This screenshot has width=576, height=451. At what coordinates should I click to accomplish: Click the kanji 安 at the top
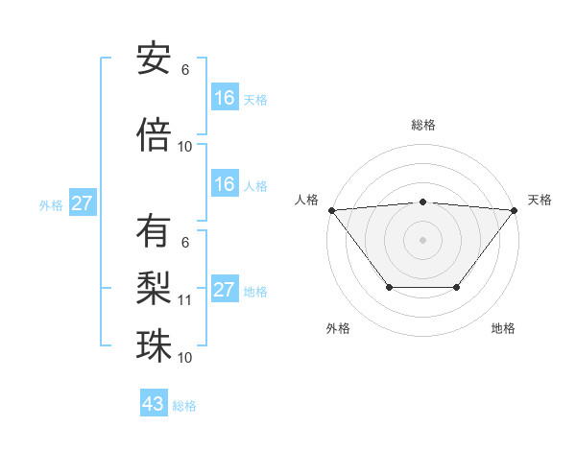point(154,59)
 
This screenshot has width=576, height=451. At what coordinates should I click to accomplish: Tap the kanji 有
point(154,232)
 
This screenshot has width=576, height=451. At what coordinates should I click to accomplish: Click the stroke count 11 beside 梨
point(185,300)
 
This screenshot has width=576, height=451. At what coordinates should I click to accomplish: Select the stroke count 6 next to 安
point(185,70)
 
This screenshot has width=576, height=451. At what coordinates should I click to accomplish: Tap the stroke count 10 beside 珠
point(185,358)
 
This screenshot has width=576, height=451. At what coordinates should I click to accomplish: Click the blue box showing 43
point(154,404)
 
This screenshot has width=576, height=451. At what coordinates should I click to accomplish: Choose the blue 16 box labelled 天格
point(225,98)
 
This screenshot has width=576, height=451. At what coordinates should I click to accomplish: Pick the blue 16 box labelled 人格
point(225,184)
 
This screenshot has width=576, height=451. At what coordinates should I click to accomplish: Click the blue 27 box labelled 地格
point(225,290)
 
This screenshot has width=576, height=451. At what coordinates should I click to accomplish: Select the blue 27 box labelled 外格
point(83,203)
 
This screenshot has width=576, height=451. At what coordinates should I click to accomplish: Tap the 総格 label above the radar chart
point(422,125)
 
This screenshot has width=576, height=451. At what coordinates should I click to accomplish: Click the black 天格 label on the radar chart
point(540,200)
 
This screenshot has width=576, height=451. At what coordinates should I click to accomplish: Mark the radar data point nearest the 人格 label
point(331,210)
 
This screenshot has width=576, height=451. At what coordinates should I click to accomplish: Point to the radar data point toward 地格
point(457,288)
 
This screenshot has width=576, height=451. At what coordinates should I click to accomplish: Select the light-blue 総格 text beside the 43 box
point(184,405)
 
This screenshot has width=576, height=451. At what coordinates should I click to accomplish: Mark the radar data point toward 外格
point(389,288)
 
